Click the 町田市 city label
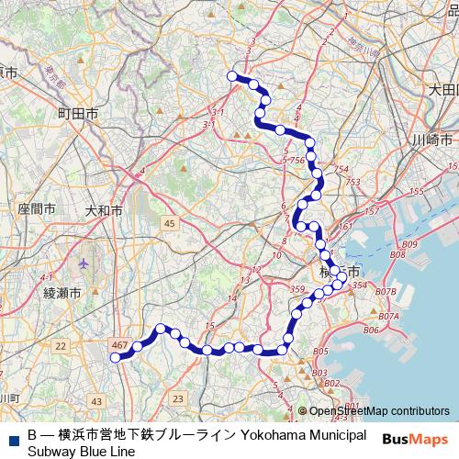79,112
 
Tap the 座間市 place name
37,209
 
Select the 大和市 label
104,210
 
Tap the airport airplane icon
85,263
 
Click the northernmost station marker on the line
233,76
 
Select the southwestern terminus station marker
116,358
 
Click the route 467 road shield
118,344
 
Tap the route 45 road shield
170,223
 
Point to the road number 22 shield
61,345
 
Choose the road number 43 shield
97,401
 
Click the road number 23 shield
177,397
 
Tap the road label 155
415,191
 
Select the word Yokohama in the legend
284,434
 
